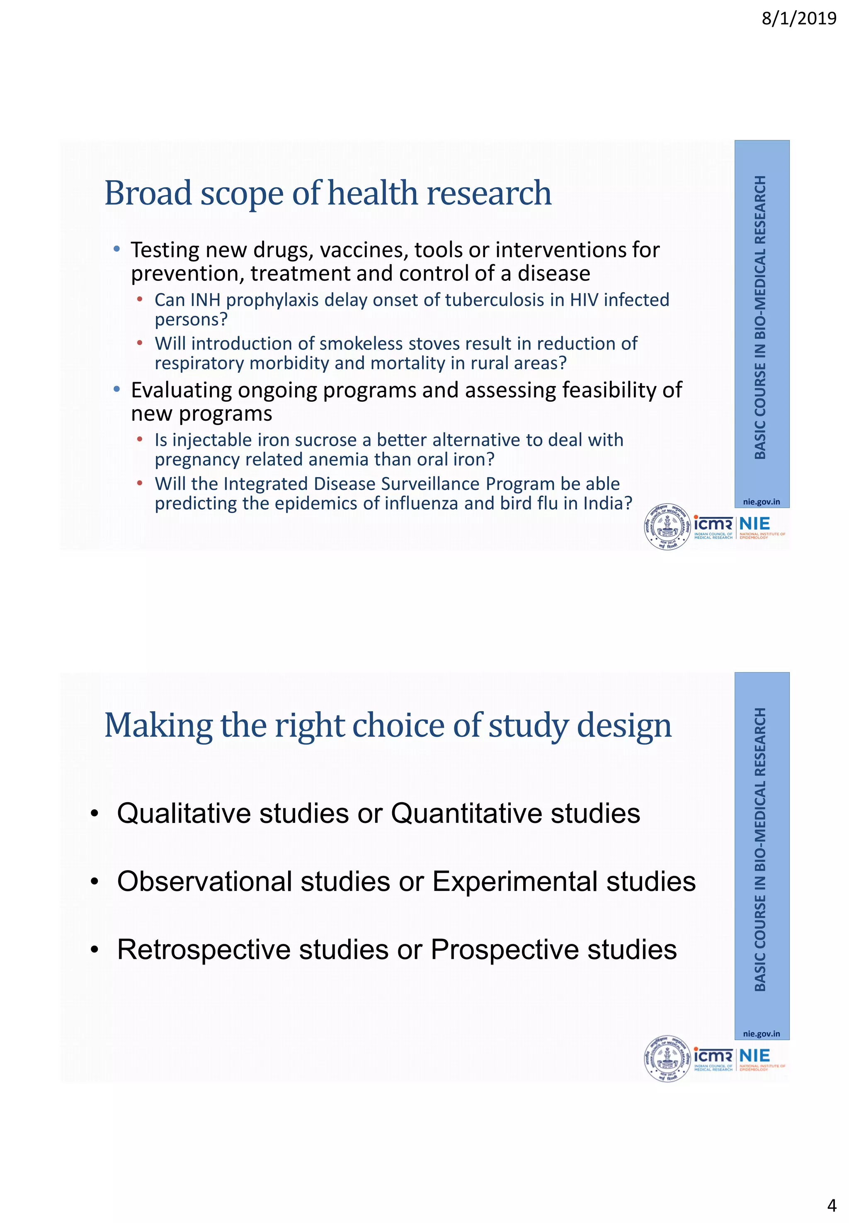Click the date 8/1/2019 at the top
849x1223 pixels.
(x=798, y=19)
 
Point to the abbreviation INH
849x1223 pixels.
(x=205, y=300)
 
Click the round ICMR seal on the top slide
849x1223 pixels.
(x=667, y=526)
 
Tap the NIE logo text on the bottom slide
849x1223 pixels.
(x=754, y=1056)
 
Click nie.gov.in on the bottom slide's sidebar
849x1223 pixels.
(x=761, y=1034)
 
